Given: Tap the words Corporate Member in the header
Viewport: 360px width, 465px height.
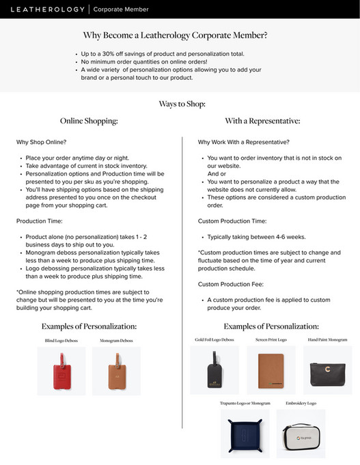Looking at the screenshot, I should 120,10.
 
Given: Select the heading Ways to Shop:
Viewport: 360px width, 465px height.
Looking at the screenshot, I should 182,104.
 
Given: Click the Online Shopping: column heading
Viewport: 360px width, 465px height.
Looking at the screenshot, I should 89,121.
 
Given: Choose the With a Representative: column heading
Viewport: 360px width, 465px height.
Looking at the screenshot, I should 262,121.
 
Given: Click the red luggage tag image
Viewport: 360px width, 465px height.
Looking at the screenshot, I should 61,371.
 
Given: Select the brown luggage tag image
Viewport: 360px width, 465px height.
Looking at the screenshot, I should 116,371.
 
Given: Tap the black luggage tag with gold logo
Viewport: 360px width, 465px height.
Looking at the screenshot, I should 214,370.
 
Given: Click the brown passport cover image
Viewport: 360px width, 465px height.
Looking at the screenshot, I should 271,370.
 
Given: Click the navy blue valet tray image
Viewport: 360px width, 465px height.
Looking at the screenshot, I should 245,433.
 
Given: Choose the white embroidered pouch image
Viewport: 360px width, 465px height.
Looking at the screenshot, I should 301,433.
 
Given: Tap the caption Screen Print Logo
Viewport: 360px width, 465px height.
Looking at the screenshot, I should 271,339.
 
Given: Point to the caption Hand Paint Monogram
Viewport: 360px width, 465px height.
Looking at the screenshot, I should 327,339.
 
